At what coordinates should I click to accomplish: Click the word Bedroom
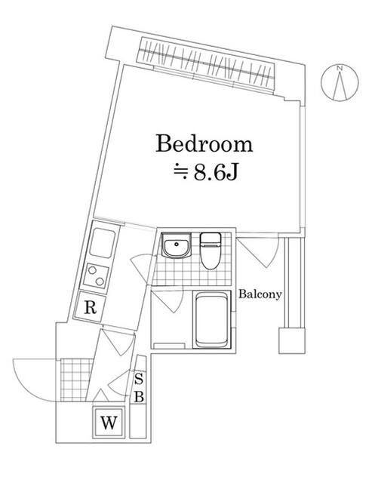204,144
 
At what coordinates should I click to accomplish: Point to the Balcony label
260,294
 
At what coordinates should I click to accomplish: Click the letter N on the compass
340,69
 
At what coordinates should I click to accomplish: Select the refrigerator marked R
90,306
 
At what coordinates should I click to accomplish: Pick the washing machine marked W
109,422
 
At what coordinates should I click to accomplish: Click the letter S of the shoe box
139,379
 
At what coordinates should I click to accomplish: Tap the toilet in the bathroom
211,251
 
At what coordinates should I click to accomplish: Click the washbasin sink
176,245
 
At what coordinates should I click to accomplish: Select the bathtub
212,319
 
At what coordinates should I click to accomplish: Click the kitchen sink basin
103,243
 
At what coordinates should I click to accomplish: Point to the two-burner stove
95,275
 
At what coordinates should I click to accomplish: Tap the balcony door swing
260,252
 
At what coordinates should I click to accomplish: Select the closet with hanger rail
207,63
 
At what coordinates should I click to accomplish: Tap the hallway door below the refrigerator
119,342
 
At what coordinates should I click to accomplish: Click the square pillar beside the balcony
292,340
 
